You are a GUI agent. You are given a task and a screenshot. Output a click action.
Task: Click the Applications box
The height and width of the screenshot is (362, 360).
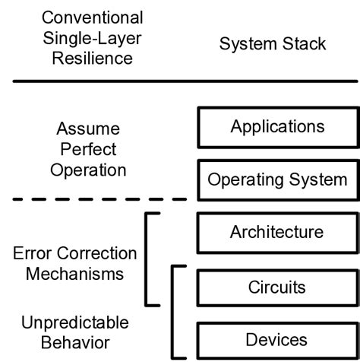(x=276, y=126)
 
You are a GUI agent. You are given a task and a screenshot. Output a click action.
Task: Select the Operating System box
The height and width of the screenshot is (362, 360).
(x=276, y=180)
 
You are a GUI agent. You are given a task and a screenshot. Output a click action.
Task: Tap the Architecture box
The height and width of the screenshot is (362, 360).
(x=276, y=233)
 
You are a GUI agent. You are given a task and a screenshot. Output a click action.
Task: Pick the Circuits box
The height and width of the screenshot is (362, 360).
(x=276, y=287)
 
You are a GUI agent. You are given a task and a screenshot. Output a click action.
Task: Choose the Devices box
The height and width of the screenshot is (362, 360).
(x=276, y=339)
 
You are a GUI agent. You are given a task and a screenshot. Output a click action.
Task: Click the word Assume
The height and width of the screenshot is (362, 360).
(x=88, y=129)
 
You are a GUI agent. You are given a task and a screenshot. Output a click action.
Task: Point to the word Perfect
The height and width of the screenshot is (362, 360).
(x=88, y=149)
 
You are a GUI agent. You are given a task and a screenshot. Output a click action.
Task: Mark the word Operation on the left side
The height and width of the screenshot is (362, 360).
(x=88, y=170)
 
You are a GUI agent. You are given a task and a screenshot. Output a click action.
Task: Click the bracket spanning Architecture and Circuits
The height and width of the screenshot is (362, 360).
(x=147, y=259)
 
